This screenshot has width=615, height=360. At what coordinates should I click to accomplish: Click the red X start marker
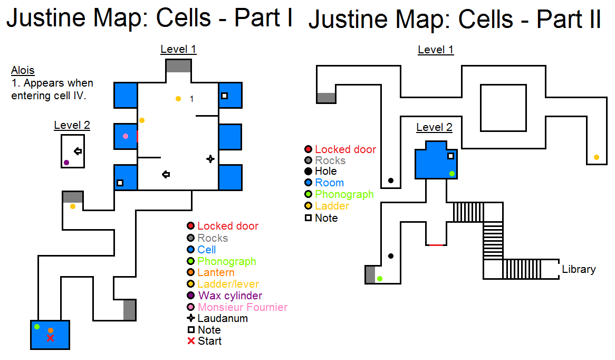(x=50, y=338)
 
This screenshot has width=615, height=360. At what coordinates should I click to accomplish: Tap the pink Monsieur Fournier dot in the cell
(x=126, y=136)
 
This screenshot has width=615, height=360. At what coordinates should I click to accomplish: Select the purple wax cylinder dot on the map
(x=66, y=163)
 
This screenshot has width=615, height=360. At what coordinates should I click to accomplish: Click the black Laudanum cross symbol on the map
(x=210, y=158)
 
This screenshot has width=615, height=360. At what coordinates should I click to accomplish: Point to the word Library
(x=579, y=269)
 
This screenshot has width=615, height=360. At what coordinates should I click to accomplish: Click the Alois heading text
(x=23, y=71)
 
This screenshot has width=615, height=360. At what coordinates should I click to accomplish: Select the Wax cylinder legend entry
(x=230, y=296)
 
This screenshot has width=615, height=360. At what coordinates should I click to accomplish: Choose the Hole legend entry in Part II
(x=325, y=171)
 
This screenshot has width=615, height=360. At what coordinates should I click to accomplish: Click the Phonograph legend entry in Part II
(x=344, y=194)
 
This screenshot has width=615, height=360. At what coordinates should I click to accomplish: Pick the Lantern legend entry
(x=216, y=272)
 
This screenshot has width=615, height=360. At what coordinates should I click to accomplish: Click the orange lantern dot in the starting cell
(x=51, y=330)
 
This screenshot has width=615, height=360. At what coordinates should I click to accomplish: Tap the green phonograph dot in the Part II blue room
(x=452, y=174)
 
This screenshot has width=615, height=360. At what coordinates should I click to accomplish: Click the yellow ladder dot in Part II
(x=597, y=157)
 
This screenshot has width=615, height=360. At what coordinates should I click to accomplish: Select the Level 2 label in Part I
(x=72, y=126)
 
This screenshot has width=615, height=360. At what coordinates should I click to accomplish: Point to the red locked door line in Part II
(x=436, y=245)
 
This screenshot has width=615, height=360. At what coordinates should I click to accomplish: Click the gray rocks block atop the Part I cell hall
(x=178, y=66)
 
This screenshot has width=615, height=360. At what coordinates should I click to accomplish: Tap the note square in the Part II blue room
(x=450, y=156)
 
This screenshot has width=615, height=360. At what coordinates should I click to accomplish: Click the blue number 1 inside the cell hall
(x=191, y=99)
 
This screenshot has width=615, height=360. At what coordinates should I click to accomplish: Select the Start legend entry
(x=209, y=341)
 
